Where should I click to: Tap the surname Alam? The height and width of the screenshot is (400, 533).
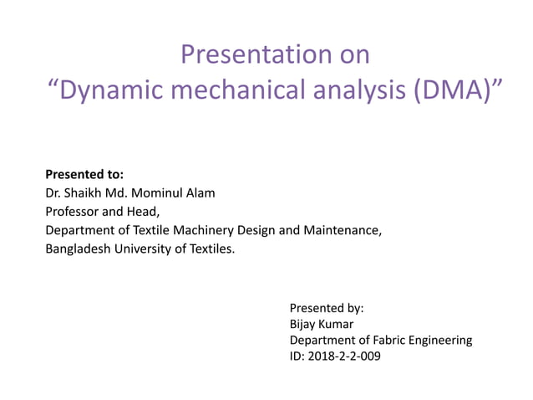click(201, 193)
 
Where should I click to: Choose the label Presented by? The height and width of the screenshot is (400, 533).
click(327, 307)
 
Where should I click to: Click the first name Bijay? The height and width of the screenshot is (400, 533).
click(304, 324)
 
